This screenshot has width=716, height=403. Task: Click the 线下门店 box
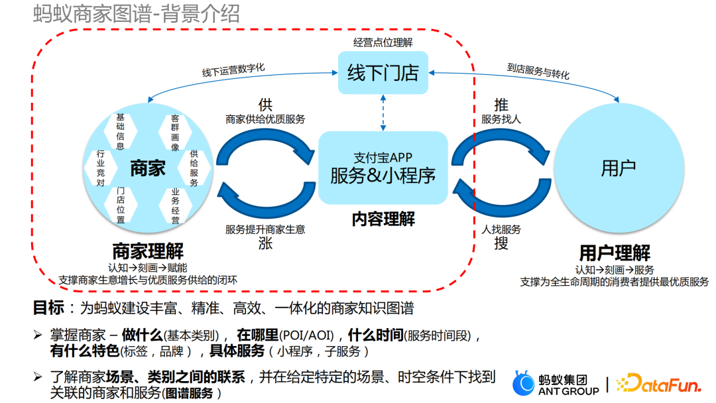click(383, 72)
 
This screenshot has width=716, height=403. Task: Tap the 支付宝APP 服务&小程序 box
click(383, 167)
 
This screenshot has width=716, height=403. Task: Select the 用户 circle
click(618, 168)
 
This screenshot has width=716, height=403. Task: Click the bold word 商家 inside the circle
click(147, 168)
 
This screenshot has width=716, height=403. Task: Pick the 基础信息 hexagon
click(120, 131)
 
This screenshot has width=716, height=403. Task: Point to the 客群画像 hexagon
click(175, 133)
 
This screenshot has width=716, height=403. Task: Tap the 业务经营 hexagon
click(175, 205)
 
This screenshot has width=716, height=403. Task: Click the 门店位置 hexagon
click(120, 205)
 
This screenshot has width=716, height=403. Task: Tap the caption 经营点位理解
click(383, 42)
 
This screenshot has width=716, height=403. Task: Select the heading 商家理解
click(147, 252)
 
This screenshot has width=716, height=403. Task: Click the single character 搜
click(501, 243)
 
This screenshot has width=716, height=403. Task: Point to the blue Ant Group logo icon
click(524, 383)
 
